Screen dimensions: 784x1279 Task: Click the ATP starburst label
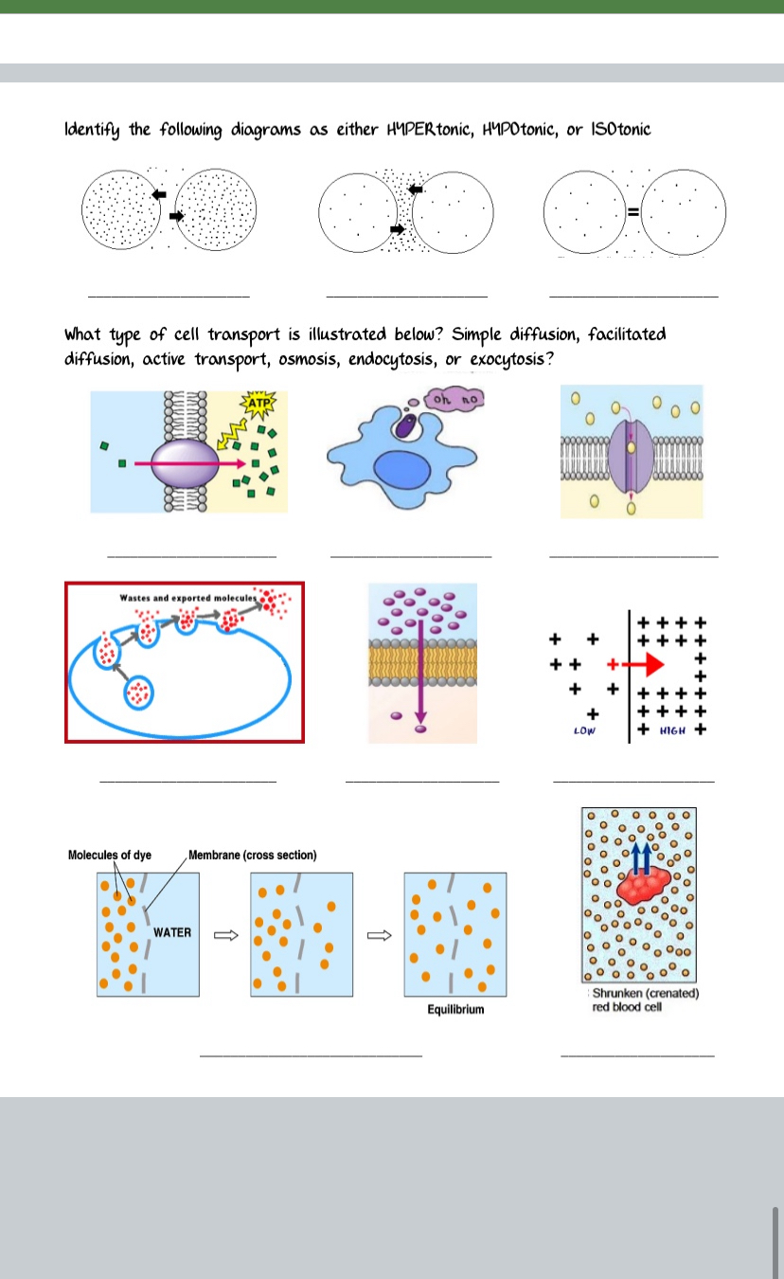pos(257,405)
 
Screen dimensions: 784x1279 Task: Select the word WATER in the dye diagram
pos(172,932)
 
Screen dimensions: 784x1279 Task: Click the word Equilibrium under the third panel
pos(455,1009)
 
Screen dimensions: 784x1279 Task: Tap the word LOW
pos(583,731)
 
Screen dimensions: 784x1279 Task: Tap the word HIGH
pos(674,731)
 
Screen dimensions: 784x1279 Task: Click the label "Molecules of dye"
pos(109,856)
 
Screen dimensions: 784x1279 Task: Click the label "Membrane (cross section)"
pos(253,856)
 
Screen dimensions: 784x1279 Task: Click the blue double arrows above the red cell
pos(641,856)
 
